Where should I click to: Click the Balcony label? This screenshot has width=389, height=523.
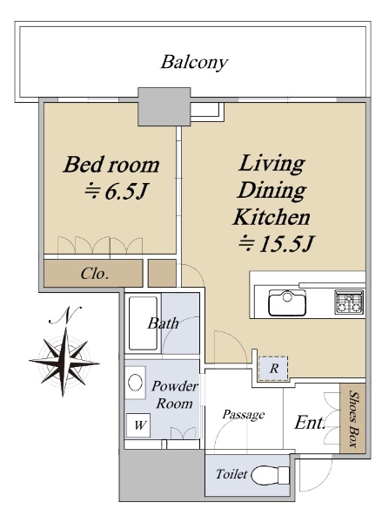click(x=195, y=63)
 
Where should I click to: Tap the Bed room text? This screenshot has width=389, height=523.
click(x=111, y=165)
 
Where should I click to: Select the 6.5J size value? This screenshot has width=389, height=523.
click(x=126, y=192)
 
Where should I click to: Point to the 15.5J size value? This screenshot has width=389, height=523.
click(x=285, y=243)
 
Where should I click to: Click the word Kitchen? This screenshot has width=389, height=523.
click(x=272, y=217)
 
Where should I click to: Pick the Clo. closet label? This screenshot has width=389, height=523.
click(x=95, y=274)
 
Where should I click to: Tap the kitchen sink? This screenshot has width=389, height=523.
click(x=287, y=302)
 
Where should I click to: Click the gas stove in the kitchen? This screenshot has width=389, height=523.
click(x=349, y=302)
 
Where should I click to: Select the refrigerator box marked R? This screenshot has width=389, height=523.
click(x=273, y=369)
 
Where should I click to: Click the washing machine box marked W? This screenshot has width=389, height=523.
click(x=138, y=425)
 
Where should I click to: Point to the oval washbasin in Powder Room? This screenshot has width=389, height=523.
click(x=135, y=383)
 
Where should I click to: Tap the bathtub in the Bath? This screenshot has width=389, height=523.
click(x=143, y=323)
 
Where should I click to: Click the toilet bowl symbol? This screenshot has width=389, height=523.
click(x=270, y=475)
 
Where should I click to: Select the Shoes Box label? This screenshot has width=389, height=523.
click(x=353, y=418)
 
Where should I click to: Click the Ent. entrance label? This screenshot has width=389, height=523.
click(x=310, y=423)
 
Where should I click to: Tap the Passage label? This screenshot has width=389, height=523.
click(x=244, y=415)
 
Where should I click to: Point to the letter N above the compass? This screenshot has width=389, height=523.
click(x=65, y=315)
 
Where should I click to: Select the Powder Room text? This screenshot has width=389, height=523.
click(x=175, y=395)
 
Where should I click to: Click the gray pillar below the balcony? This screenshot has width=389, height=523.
click(x=164, y=106)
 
